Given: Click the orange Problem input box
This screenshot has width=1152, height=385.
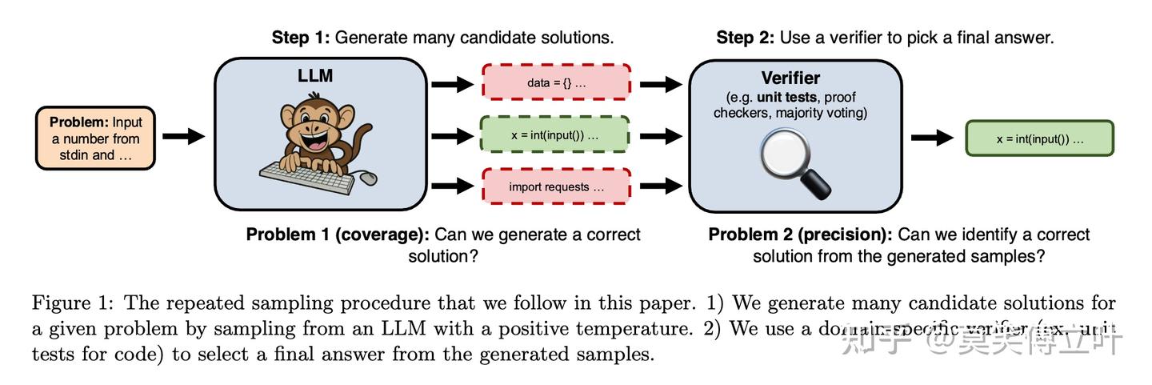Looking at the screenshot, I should coord(95,138).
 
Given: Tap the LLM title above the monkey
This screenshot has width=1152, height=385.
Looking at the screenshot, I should coord(314,77).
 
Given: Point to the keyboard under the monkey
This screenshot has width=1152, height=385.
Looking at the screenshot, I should coord(309,174).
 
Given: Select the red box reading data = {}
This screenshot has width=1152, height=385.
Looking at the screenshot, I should coord(556,82).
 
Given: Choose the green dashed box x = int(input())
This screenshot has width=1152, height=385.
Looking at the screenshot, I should coord(555,135).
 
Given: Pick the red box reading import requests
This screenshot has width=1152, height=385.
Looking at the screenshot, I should coord(556,186).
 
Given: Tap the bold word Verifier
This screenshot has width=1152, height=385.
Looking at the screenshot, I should coord(790,78).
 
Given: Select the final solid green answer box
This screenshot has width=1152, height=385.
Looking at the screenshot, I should coord(1039,138).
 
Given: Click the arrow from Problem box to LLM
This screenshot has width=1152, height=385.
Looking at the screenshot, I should coord(183,137).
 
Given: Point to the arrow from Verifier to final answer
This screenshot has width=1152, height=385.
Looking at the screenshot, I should coord(932,138).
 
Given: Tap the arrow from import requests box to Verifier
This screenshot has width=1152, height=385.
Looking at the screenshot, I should coord(660,186).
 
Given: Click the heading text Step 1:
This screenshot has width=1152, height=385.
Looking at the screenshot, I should coord(301,38).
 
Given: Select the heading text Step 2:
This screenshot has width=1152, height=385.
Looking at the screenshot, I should coord(745,38).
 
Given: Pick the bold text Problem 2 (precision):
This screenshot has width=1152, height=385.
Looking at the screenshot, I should coord(800,235).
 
